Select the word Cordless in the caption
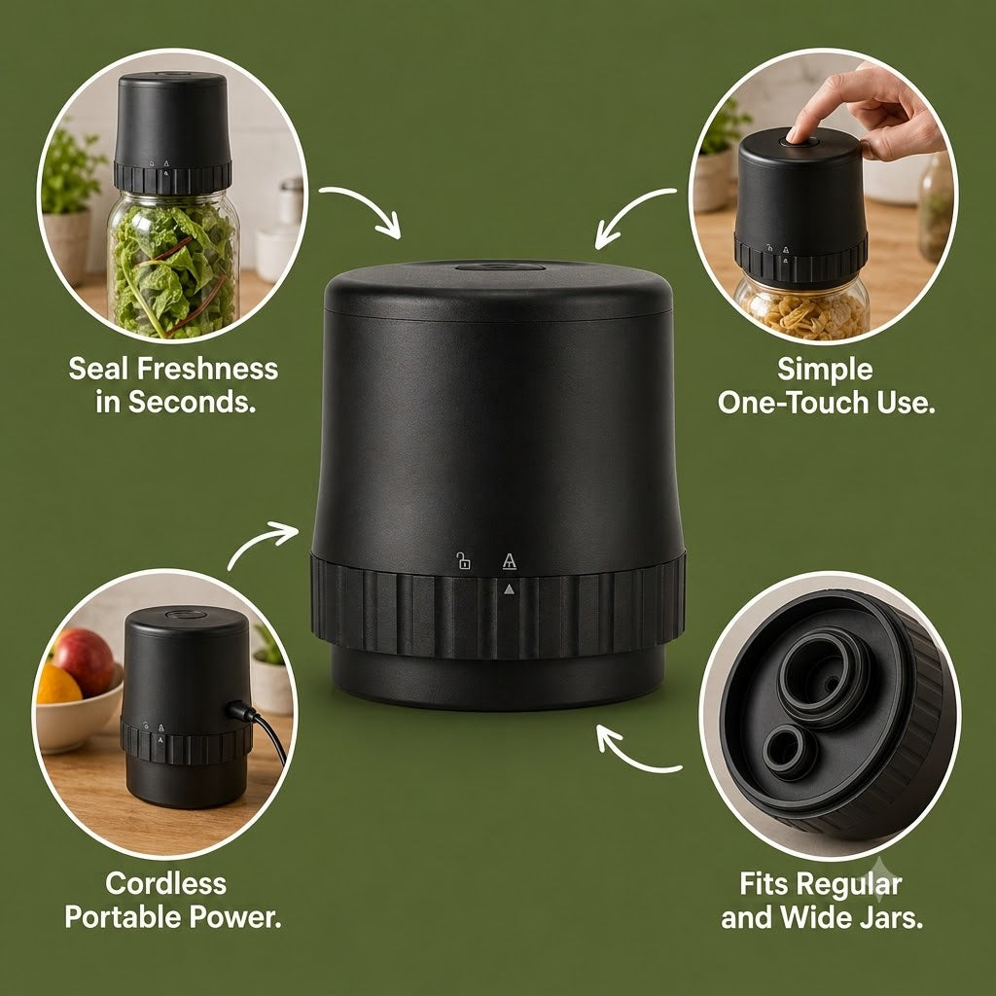pos(165,883)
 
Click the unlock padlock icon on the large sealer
pos(463,560)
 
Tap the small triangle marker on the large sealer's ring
pos(509,589)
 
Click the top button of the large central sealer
pos(500,267)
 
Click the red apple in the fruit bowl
pos(84,660)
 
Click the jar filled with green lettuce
pos(173,265)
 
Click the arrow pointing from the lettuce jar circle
pos(362,207)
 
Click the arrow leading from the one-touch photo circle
pos(632,214)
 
